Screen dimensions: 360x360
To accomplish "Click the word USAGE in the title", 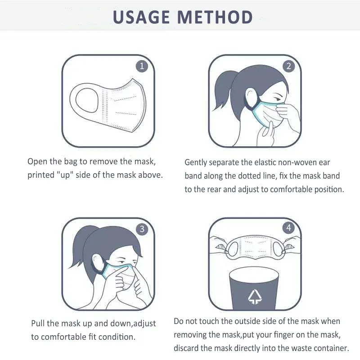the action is [x=141, y=17].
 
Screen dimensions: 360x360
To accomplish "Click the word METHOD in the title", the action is [x=215, y=17].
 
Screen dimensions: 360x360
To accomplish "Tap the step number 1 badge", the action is [x=142, y=66].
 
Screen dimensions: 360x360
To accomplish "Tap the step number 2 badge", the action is [x=288, y=66].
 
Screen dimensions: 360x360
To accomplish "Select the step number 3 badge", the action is [x=142, y=229].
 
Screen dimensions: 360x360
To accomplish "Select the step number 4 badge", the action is [x=288, y=228].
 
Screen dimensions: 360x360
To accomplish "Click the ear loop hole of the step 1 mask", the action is [x=87, y=100].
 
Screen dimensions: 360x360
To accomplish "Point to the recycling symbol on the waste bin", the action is [x=255, y=297].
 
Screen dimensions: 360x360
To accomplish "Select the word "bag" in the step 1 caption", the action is [x=71, y=162].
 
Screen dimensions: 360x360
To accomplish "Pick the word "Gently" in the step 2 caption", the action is [x=196, y=162].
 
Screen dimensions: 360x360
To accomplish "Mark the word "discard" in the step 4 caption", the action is [x=186, y=348].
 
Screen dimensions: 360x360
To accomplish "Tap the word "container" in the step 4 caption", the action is [x=331, y=348].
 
